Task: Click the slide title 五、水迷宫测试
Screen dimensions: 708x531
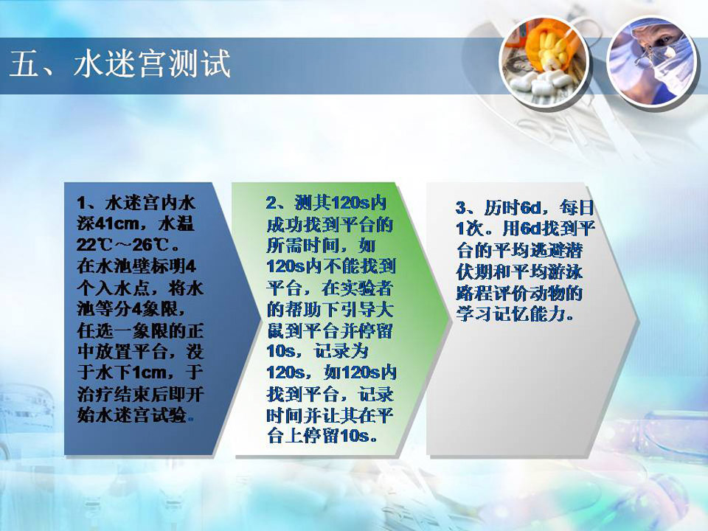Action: [x=120, y=63]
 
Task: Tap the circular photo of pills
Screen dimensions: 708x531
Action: [x=544, y=61]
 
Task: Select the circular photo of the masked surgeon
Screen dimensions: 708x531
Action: [x=651, y=61]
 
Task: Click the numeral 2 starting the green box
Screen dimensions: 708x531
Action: [x=271, y=203]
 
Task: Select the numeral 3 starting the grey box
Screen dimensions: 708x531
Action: [x=460, y=208]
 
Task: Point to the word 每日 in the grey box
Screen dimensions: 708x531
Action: [x=576, y=207]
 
